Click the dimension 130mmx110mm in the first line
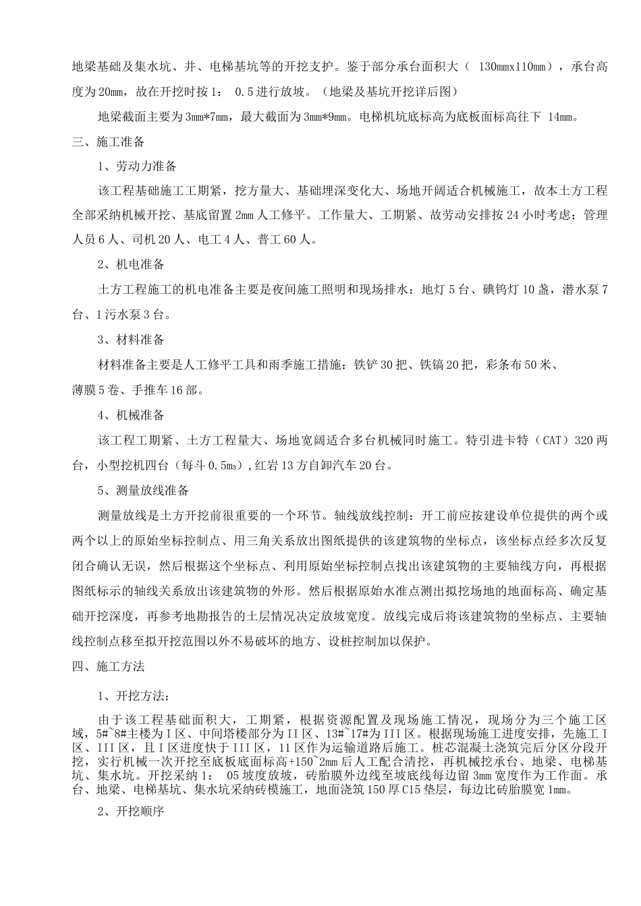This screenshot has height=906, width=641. [511, 67]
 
